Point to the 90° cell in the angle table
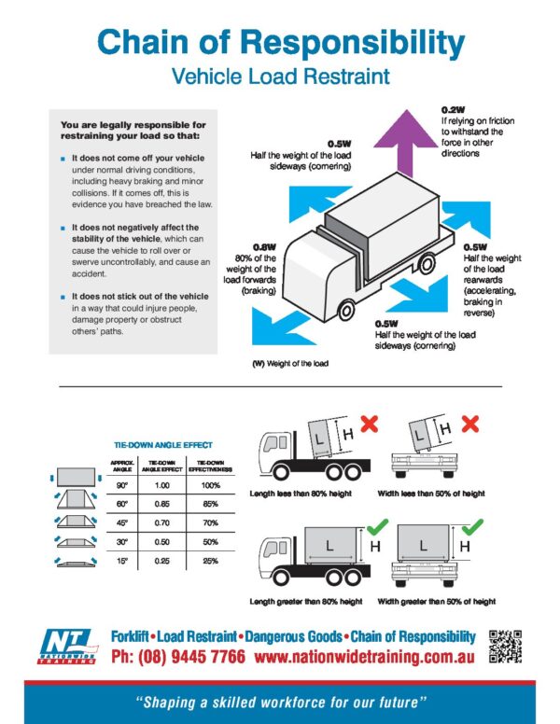pos(119,485)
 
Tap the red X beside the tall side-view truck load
pos(369,425)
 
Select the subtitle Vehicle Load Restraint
pos(279,77)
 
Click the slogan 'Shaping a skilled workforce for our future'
pos(280,700)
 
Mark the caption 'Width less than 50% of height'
pos(436,493)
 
